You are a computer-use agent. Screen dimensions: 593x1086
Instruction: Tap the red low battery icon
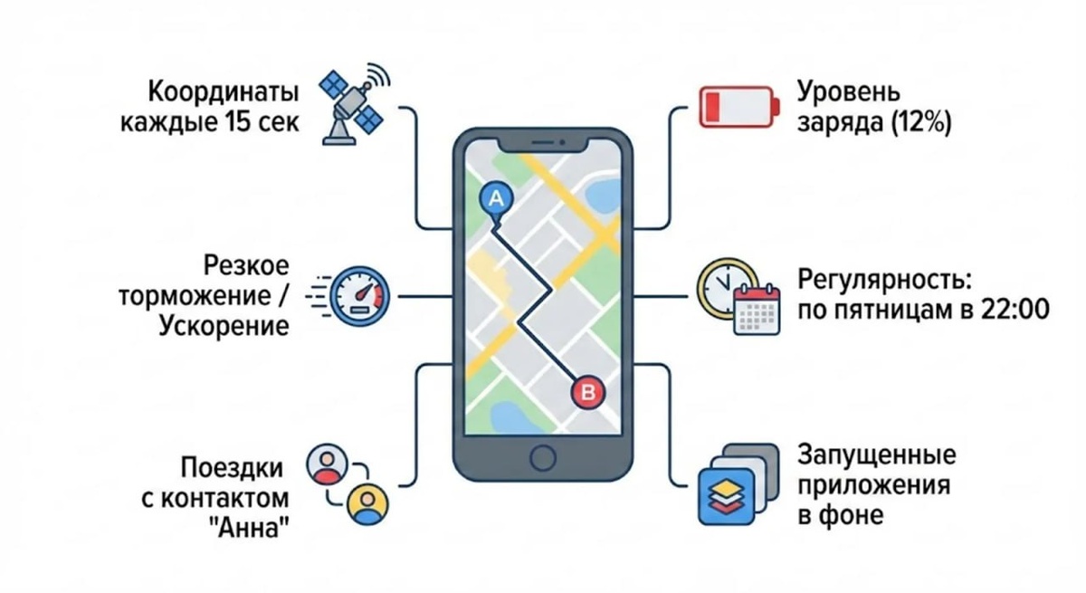[x=737, y=108]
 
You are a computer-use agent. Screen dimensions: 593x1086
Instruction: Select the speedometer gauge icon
[x=359, y=295]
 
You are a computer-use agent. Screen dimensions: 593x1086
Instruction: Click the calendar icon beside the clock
[x=756, y=311]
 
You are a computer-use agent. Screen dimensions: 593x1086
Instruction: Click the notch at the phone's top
[x=542, y=143]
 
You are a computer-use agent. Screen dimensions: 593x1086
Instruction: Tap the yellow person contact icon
[x=367, y=502]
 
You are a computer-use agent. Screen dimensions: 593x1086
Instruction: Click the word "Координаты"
[x=223, y=91]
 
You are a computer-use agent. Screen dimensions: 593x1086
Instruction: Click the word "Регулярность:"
[x=883, y=278]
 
